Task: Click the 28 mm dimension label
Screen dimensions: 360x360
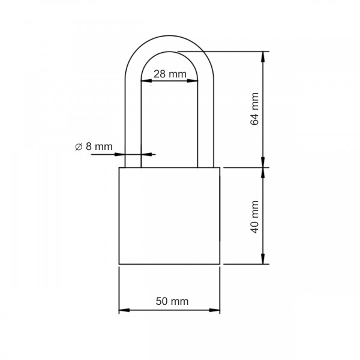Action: pyautogui.click(x=170, y=74)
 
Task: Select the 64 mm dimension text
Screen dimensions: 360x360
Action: pyautogui.click(x=254, y=109)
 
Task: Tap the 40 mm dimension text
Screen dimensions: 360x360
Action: pyautogui.click(x=254, y=217)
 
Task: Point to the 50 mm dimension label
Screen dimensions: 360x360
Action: pyautogui.click(x=172, y=301)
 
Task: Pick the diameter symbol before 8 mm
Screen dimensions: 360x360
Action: pyautogui.click(x=79, y=147)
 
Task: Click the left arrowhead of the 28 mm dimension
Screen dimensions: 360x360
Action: pyautogui.click(x=146, y=81)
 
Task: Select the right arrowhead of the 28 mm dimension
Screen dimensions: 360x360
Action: pyautogui.click(x=193, y=81)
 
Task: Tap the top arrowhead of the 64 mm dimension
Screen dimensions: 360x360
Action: pyautogui.click(x=263, y=57)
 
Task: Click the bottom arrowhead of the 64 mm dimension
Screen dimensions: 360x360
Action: pyautogui.click(x=263, y=163)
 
